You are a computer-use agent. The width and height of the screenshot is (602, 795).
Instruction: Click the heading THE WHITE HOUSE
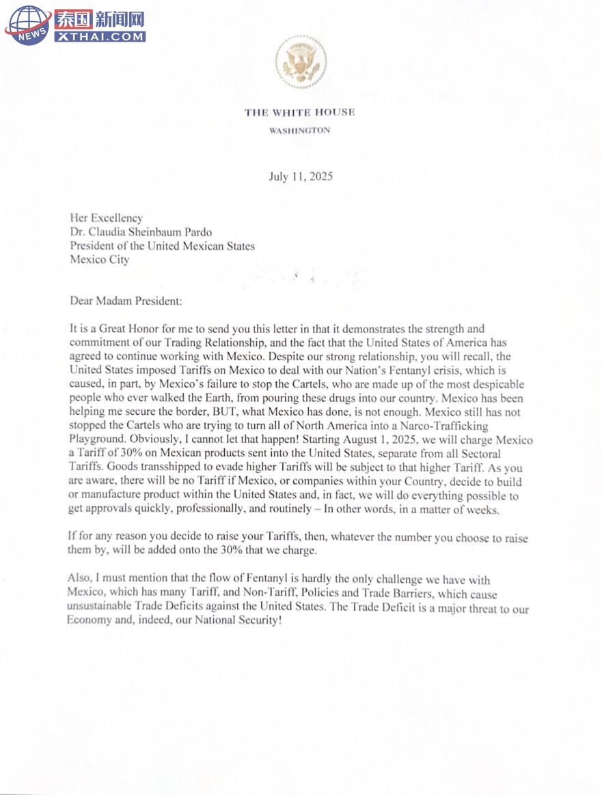click(300, 113)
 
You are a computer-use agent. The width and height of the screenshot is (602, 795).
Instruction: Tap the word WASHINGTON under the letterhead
click(300, 130)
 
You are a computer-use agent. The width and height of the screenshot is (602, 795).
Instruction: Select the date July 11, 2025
click(301, 177)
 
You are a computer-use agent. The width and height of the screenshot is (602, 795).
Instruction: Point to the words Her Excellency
click(107, 218)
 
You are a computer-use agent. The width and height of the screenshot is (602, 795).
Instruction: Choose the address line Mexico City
click(99, 259)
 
